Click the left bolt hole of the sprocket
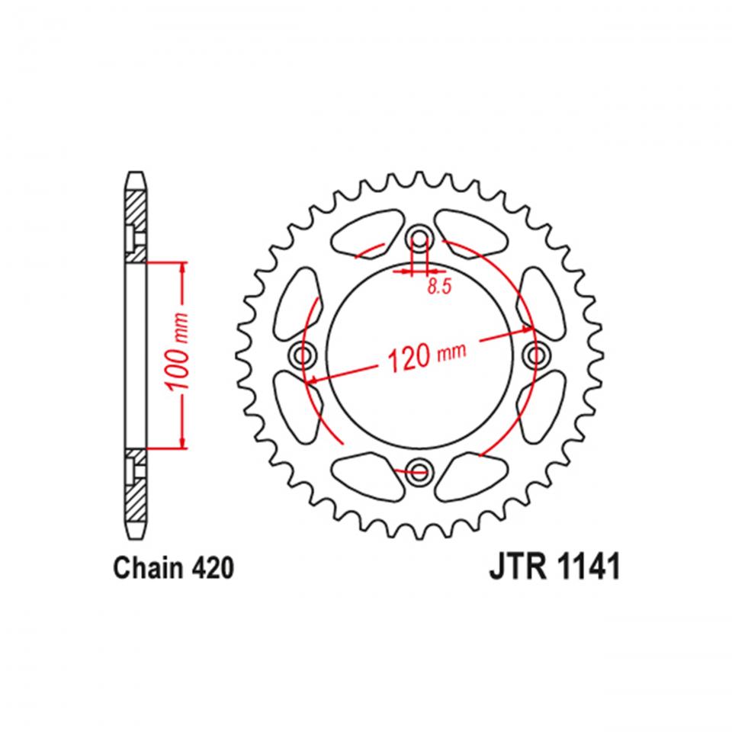point(305,354)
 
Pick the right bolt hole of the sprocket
point(537,354)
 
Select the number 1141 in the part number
point(587,568)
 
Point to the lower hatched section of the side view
point(134,488)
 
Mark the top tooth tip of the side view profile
point(134,175)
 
